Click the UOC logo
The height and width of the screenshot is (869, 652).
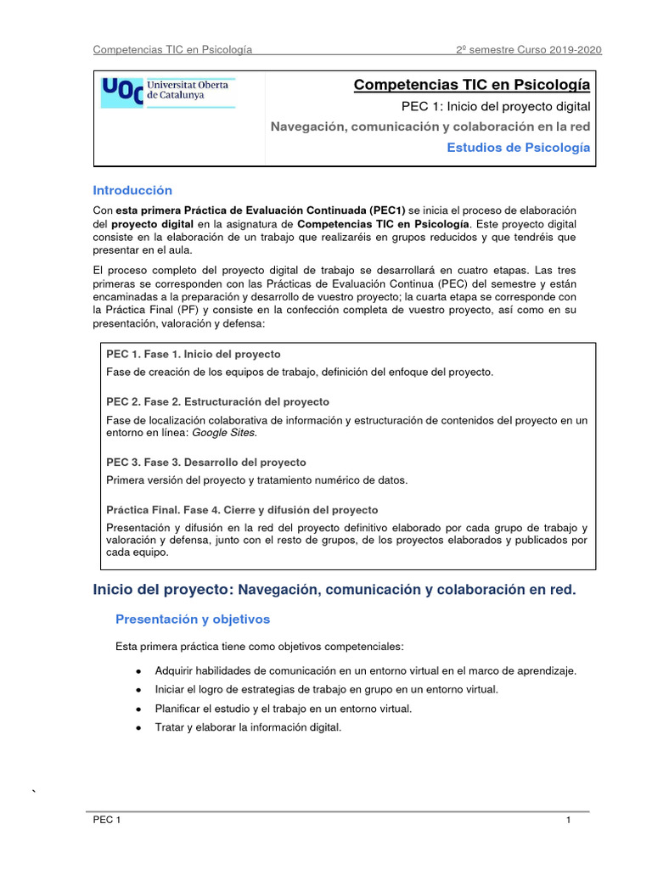pyautogui.click(x=168, y=93)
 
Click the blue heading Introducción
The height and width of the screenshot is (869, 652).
pyautogui.click(x=132, y=190)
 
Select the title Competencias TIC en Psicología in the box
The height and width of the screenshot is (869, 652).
pyautogui.click(x=471, y=85)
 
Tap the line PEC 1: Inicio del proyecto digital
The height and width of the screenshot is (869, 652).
pyautogui.click(x=495, y=106)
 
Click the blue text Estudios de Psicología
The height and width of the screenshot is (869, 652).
pyautogui.click(x=518, y=147)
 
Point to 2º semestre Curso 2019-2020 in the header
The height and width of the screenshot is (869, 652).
pyautogui.click(x=529, y=49)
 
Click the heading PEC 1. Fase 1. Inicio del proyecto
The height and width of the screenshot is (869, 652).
pyautogui.click(x=194, y=354)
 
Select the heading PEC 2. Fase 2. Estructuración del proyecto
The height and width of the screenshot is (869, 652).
pyautogui.click(x=218, y=401)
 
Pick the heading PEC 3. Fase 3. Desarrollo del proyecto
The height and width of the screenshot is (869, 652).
pyautogui.click(x=206, y=463)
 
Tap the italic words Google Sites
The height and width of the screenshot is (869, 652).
pyautogui.click(x=224, y=433)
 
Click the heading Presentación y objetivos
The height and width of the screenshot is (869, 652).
pyautogui.click(x=193, y=620)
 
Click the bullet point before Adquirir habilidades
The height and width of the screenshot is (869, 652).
pyautogui.click(x=138, y=671)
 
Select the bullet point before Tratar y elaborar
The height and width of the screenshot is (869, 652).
pyautogui.click(x=138, y=728)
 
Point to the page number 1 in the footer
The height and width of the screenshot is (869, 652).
pyautogui.click(x=567, y=821)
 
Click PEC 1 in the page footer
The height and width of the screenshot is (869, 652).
pyautogui.click(x=108, y=821)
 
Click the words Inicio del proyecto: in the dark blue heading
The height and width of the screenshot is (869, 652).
pyautogui.click(x=162, y=590)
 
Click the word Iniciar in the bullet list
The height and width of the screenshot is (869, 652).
pyautogui.click(x=171, y=689)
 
